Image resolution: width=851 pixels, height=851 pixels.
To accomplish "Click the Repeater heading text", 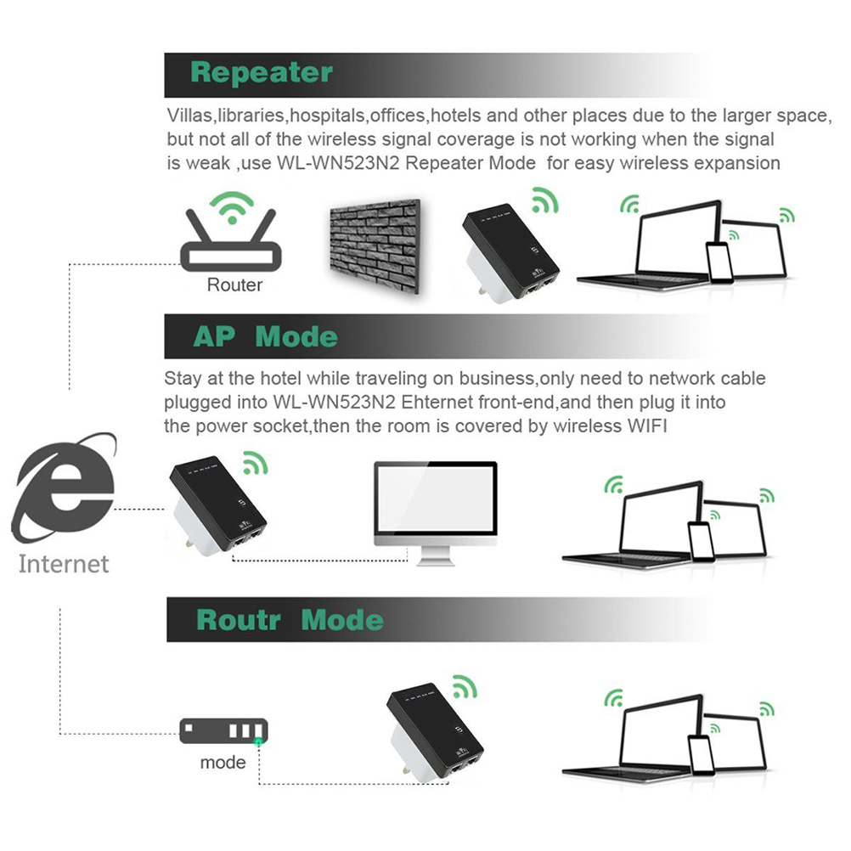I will click(x=261, y=73).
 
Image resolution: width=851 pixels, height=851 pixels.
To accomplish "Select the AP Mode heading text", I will click(x=265, y=337).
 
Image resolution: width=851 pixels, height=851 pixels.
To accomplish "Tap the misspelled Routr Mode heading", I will click(x=290, y=620).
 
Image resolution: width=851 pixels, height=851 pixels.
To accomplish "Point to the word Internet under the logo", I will click(x=64, y=564).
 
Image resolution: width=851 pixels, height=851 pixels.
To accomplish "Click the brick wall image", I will click(x=375, y=245).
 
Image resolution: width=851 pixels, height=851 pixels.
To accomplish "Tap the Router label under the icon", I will click(x=235, y=285).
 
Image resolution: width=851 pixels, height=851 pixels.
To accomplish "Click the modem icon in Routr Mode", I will click(x=223, y=730).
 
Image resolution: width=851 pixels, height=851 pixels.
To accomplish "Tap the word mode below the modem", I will click(x=223, y=763).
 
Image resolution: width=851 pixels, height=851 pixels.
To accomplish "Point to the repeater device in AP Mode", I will click(x=218, y=509).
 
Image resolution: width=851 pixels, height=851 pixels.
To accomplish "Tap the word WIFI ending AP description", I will click(x=643, y=426).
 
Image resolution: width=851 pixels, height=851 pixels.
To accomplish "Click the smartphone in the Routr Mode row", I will click(x=700, y=753).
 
